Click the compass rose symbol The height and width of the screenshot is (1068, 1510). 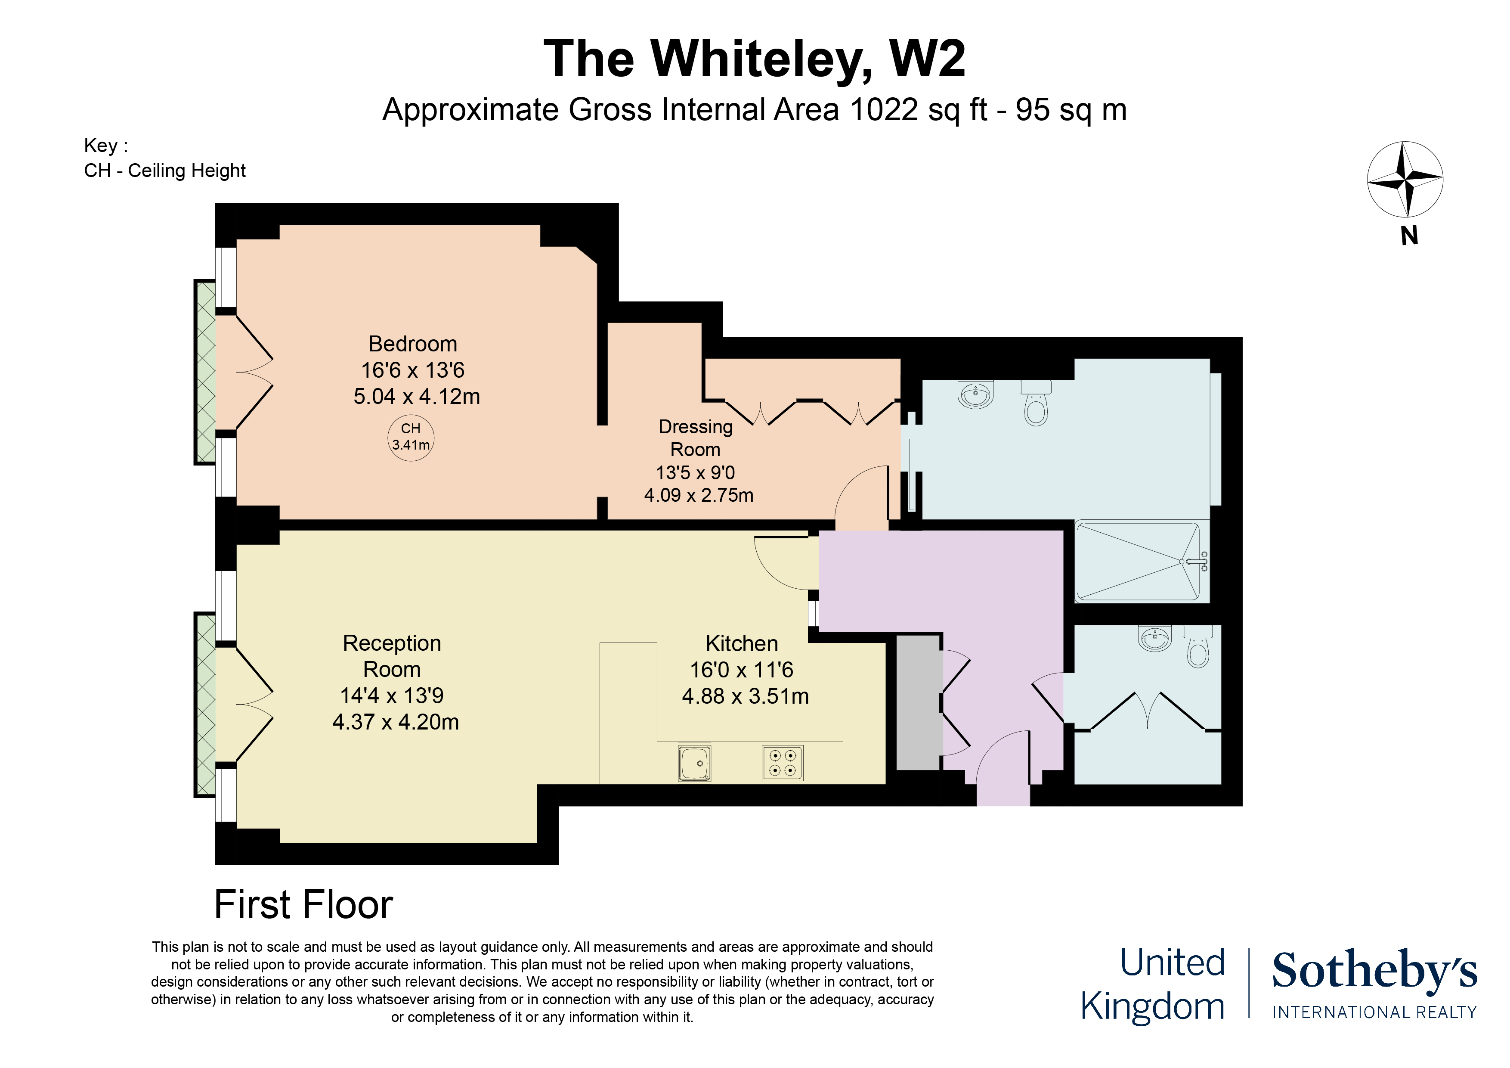pyautogui.click(x=1405, y=179)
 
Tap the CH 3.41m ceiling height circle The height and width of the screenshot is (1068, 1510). pyautogui.click(x=410, y=437)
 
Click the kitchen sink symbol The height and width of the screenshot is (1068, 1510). pyautogui.click(x=694, y=764)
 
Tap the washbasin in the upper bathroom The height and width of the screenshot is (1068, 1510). pyautogui.click(x=976, y=395)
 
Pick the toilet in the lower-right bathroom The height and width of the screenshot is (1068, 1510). pyautogui.click(x=1198, y=649)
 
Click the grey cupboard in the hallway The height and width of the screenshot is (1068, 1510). pyautogui.click(x=919, y=702)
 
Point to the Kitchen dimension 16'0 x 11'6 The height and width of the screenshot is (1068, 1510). pyautogui.click(x=741, y=670)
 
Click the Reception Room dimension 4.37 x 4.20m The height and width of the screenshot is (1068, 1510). pyautogui.click(x=395, y=722)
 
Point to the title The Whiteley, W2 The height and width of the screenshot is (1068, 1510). pyautogui.click(x=754, y=59)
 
